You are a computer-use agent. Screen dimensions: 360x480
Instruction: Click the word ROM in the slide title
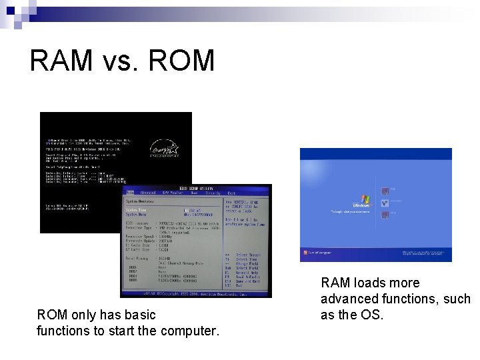point(182,61)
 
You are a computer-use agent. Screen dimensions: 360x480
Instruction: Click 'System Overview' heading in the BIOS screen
point(140,201)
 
